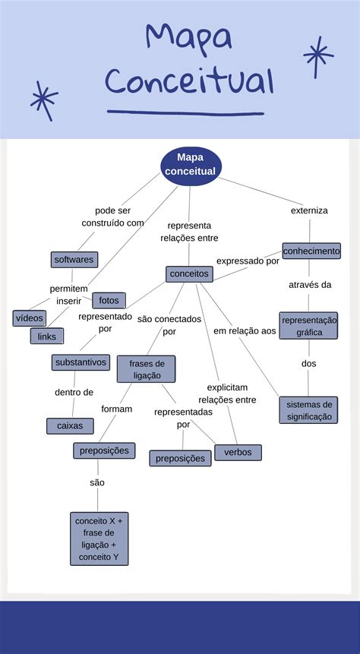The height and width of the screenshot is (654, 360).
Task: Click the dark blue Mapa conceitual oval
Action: click(190, 165)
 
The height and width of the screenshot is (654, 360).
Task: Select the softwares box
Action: click(74, 260)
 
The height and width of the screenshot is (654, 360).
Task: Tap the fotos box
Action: click(109, 300)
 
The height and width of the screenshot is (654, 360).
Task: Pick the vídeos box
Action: click(30, 318)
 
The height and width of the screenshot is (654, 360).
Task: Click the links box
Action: click(47, 336)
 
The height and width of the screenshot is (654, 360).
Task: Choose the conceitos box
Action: click(189, 273)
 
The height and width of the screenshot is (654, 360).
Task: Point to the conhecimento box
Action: click(311, 251)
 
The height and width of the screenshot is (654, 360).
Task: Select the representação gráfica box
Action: click(308, 326)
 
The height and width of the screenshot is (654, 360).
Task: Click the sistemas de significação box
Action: click(308, 410)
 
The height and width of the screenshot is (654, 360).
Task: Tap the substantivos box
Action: click(81, 362)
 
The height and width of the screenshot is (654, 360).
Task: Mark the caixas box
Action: click(70, 426)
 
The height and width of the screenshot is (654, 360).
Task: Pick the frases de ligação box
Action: click(146, 369)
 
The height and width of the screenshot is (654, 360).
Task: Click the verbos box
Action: click(238, 453)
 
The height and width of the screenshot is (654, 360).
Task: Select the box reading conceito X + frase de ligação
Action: click(99, 539)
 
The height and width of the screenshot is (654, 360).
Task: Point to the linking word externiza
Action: click(309, 210)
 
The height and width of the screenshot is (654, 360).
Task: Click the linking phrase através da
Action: click(309, 285)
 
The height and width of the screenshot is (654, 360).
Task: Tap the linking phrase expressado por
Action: click(248, 261)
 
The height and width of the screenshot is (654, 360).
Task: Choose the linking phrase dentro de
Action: click(74, 393)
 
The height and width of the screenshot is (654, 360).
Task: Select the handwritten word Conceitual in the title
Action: click(189, 81)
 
